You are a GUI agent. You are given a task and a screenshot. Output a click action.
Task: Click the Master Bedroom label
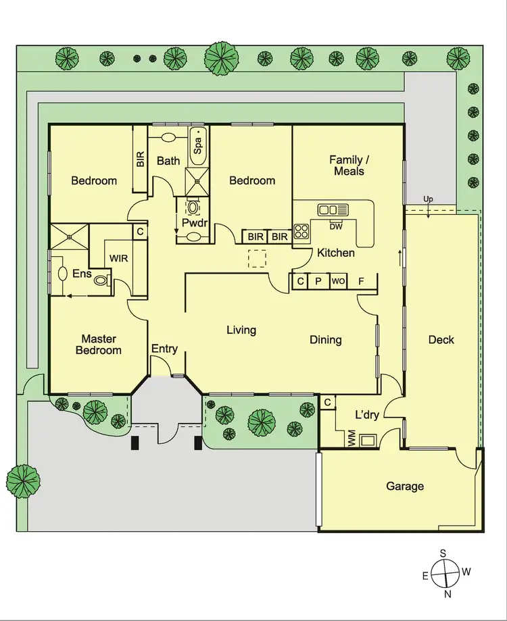pyautogui.click(x=99, y=344)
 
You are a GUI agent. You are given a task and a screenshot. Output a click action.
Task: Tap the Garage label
pyautogui.click(x=405, y=486)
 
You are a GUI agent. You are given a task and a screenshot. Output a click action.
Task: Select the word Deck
pyautogui.click(x=441, y=340)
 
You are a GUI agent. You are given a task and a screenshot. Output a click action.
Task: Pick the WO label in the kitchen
pyautogui.click(x=338, y=281)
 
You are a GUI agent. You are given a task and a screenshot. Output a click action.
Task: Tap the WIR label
pyautogui.click(x=119, y=258)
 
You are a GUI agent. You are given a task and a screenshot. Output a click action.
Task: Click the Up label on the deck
pyautogui.click(x=428, y=200)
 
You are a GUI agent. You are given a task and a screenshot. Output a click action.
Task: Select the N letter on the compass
pyautogui.click(x=448, y=594)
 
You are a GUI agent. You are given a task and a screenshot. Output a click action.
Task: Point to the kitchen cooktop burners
pyautogui.click(x=301, y=231)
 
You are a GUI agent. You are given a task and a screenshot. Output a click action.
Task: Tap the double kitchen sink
pyautogui.click(x=333, y=209)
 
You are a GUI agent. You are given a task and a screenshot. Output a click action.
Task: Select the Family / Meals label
pyautogui.click(x=347, y=166)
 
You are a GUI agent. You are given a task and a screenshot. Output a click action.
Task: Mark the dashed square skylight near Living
pyautogui.click(x=257, y=259)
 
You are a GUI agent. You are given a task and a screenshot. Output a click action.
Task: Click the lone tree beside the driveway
pyautogui.click(x=24, y=481)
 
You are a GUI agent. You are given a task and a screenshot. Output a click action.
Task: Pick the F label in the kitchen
pyautogui.click(x=362, y=281)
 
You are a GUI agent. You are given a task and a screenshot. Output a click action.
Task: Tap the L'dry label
pyautogui.click(x=368, y=414)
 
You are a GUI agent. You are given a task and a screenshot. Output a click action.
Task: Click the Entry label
pyautogui.click(x=164, y=349)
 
